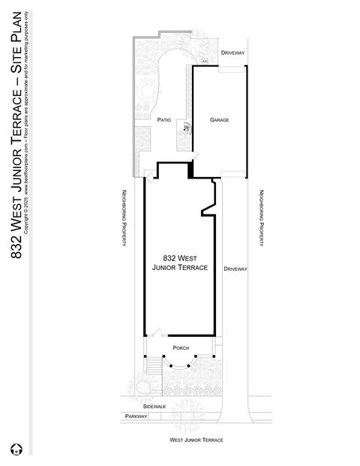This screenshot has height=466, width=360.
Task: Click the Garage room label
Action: [x=219, y=120]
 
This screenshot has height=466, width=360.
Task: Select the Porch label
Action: [x=180, y=348]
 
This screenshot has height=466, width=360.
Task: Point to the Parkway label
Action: [x=136, y=416]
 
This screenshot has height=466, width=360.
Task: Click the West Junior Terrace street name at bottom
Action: [x=196, y=440]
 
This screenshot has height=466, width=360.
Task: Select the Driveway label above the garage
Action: [x=232, y=53]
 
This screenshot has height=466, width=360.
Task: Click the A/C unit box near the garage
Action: [x=205, y=60]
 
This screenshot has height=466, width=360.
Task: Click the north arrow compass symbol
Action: [x=13, y=451]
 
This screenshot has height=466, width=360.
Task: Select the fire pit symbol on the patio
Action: [x=186, y=128]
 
